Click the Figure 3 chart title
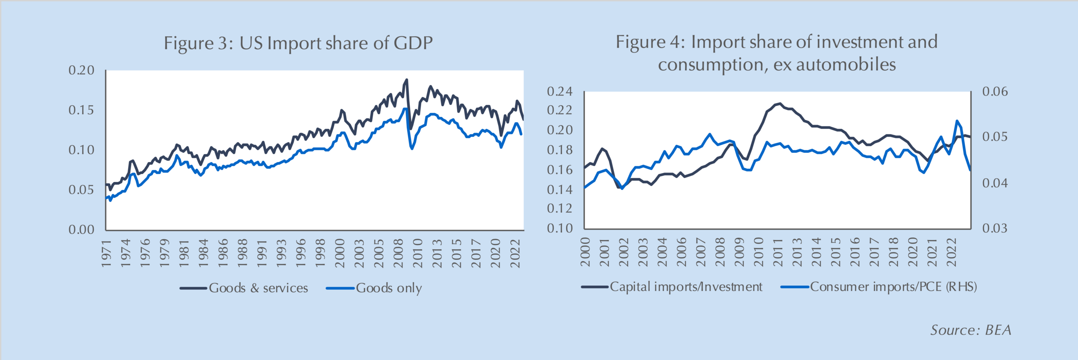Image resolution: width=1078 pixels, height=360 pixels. pos(298,43)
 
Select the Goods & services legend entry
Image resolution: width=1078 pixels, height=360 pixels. pos(258,288)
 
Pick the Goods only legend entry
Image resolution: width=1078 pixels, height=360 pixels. pos(389,288)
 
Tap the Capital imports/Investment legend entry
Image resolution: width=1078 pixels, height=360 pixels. pos(686,287)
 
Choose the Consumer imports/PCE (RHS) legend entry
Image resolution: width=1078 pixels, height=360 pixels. pos(893,287)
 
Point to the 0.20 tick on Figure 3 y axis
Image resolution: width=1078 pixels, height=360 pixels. pos(82,70)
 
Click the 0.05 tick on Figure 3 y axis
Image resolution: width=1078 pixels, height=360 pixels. pos(82,190)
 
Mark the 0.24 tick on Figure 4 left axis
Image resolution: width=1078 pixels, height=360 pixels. pos(560,91)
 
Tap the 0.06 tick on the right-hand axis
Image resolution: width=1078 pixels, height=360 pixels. pos(995,91)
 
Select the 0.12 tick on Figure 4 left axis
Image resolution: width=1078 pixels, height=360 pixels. pos(560,208)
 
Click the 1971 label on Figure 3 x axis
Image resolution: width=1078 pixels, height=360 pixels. pos(106,253)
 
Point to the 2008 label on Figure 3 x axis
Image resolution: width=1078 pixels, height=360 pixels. pos(398,253)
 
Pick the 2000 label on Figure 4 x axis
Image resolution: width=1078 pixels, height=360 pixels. pos(585,252)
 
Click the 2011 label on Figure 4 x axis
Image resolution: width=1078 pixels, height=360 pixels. pos(778,252)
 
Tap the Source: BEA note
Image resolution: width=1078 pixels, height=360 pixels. pos(971,330)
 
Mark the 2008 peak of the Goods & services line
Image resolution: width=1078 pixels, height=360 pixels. pos(406,80)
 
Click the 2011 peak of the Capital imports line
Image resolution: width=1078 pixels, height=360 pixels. pos(780,103)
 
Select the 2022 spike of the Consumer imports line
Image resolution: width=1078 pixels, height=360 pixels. pos(957,121)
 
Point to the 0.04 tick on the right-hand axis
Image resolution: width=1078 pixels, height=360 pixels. pos(995,183)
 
